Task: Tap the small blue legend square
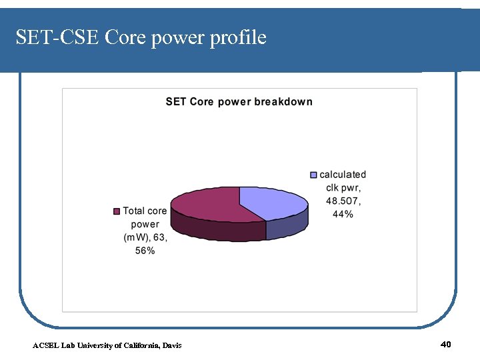point(313,175)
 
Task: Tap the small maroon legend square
point(117,211)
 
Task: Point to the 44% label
point(343,215)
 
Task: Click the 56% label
point(145,251)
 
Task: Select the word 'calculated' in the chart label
point(343,175)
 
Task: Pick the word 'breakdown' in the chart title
point(283,102)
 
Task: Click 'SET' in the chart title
point(176,102)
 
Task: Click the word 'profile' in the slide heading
point(237,38)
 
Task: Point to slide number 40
point(446,344)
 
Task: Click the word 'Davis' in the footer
point(171,345)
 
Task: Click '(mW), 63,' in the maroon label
point(145,237)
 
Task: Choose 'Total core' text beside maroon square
point(145,211)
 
